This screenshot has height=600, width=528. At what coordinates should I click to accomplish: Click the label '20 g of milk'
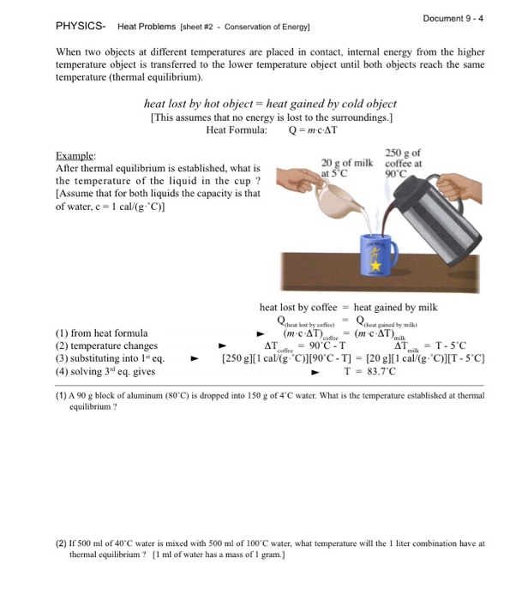coord(347,163)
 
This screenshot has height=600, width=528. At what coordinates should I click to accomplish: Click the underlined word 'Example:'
coord(75,156)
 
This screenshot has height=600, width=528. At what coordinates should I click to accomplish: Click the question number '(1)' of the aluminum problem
coord(62,397)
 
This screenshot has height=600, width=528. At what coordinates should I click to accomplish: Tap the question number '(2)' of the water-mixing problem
coord(62,543)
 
